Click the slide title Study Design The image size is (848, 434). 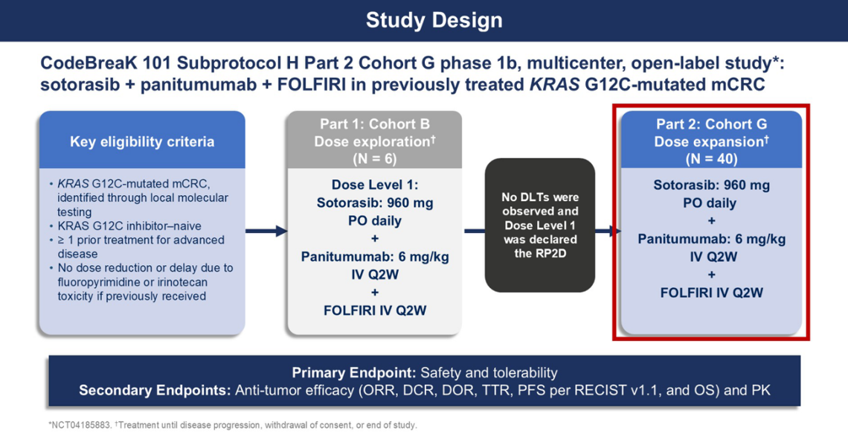pos(434,21)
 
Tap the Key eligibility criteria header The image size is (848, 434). pos(142,141)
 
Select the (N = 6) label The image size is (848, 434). pos(374,159)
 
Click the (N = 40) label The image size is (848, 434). pos(711,159)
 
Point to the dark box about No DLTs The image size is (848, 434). pos(540,225)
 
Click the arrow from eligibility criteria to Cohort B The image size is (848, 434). pos(266,231)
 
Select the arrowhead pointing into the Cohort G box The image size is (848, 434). pos(616,231)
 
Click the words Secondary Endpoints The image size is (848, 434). pos(155,390)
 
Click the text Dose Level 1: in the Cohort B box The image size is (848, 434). pos(375,185)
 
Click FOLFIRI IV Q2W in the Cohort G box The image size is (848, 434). pos(711,293)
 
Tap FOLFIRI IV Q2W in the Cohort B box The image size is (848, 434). pos(375,310)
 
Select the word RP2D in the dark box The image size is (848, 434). pos(540,253)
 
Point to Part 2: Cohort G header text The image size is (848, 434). pos(711,124)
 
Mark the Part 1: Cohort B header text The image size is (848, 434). pos(375,124)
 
